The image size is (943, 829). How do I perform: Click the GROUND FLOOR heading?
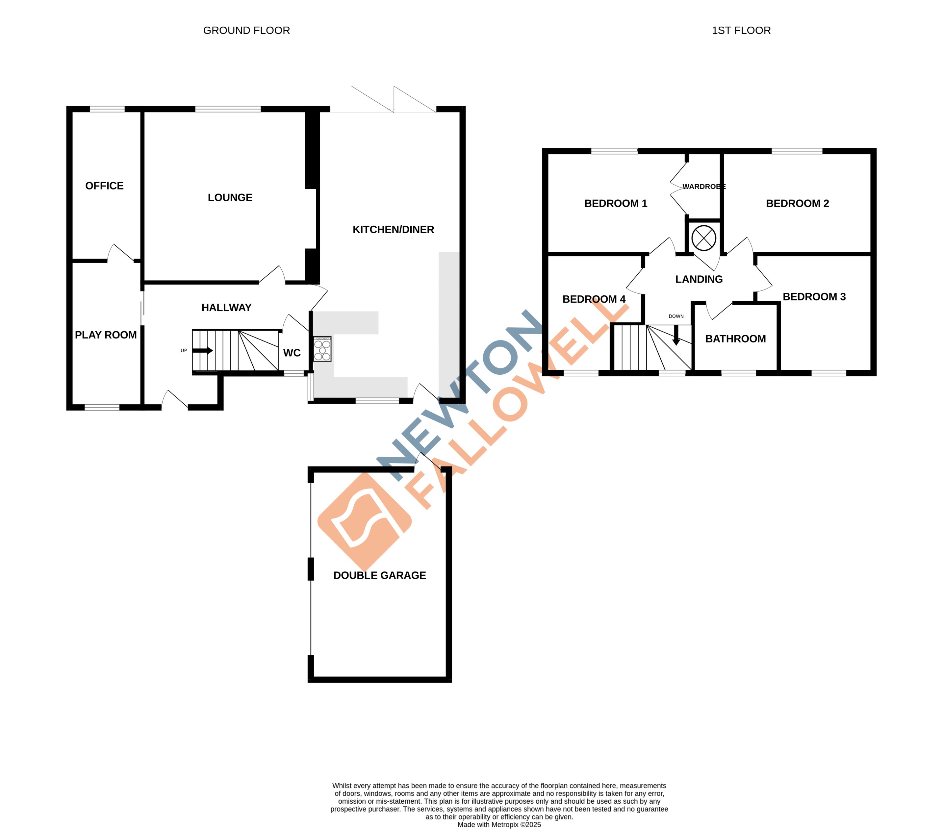pyautogui.click(x=246, y=31)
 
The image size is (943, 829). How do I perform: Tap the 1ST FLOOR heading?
pyautogui.click(x=741, y=31)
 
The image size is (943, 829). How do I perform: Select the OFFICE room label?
pyautogui.click(x=104, y=186)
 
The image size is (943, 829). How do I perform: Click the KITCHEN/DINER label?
pyautogui.click(x=393, y=229)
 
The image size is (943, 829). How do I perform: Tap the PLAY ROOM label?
pyautogui.click(x=106, y=335)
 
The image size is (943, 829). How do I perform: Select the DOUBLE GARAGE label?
pyautogui.click(x=379, y=575)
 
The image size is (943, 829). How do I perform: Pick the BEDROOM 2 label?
pyautogui.click(x=797, y=203)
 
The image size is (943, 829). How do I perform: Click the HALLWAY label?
pyautogui.click(x=226, y=308)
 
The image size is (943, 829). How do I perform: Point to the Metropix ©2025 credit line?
pyautogui.click(x=499, y=824)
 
